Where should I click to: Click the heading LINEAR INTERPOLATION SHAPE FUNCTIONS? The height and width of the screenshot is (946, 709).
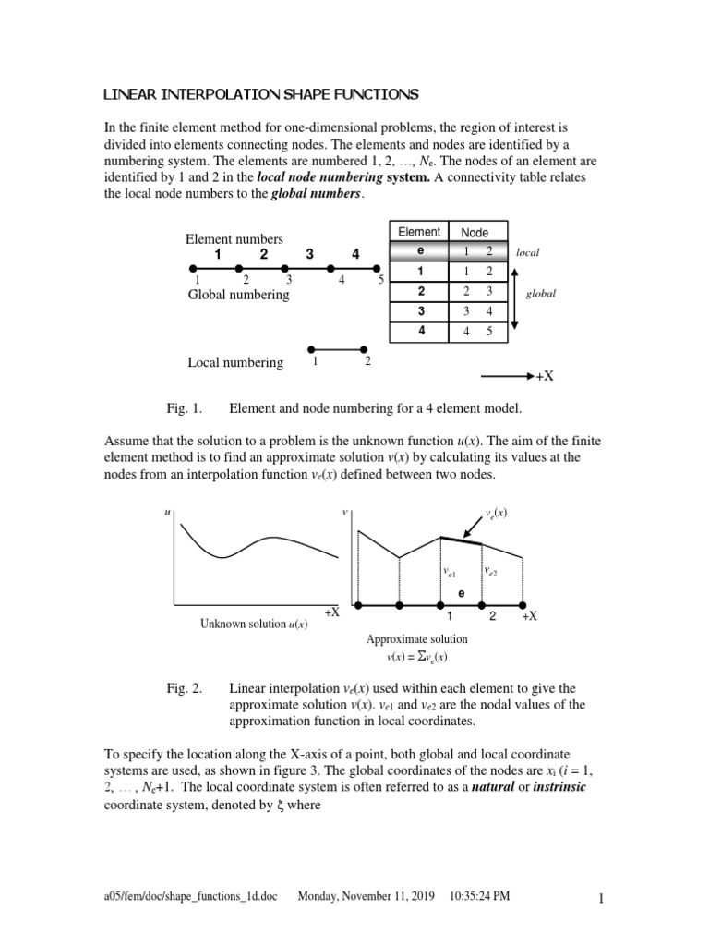[x=259, y=94]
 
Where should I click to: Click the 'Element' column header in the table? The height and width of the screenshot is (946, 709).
[x=418, y=232]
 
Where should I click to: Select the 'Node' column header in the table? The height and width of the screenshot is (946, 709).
[x=475, y=233]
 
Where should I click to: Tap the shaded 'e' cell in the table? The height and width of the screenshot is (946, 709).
[x=419, y=251]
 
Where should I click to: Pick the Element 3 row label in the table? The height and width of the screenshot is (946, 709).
[x=419, y=311]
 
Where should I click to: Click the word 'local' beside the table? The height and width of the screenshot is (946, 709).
[x=529, y=251]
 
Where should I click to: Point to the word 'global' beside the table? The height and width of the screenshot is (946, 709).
[x=542, y=294]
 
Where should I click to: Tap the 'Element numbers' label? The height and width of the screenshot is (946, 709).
[x=234, y=239]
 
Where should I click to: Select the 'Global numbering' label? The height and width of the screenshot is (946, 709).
[x=237, y=295]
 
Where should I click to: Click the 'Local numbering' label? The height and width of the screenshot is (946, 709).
[x=235, y=363]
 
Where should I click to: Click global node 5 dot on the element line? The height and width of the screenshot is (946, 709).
[x=379, y=269]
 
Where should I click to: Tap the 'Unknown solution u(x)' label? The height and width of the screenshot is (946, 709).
[x=254, y=624]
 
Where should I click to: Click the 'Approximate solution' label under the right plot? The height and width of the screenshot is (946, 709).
[x=416, y=639]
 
